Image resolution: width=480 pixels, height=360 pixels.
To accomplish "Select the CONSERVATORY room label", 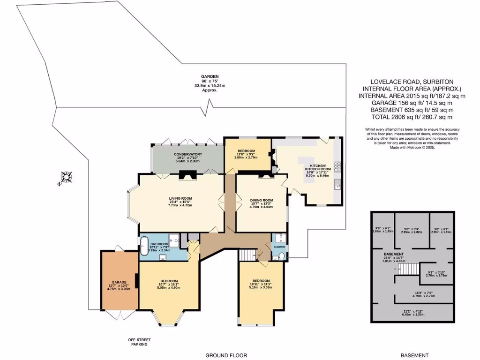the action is [x=187, y=154].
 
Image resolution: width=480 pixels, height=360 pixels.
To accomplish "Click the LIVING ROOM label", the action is [x=180, y=198].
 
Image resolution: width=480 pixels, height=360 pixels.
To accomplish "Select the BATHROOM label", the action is [x=159, y=244].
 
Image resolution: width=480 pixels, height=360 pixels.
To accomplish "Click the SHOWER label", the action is [x=279, y=247].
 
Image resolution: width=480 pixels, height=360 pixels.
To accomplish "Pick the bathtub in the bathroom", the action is [x=143, y=246].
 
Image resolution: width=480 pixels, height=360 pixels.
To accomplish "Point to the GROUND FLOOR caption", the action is [x=226, y=355].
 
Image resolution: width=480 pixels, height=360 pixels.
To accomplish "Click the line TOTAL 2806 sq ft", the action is [x=412, y=117].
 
